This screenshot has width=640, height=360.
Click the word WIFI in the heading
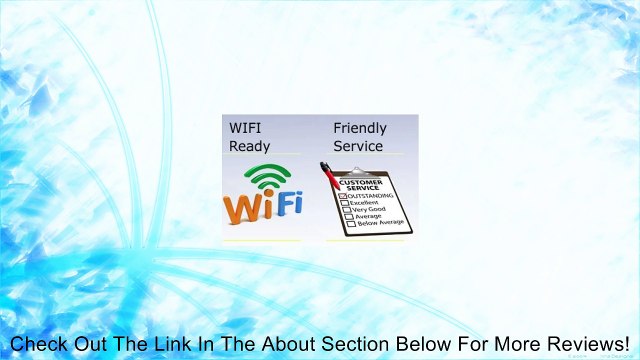click(x=244, y=128)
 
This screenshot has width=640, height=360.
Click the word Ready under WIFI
click(x=249, y=146)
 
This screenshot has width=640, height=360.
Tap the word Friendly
click(x=360, y=128)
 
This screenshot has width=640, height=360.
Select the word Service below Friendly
click(x=358, y=146)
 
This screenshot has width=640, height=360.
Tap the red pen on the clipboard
click(x=329, y=175)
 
